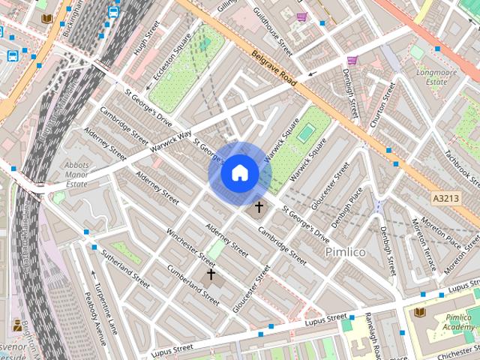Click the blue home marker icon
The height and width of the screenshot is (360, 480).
coord(239,173)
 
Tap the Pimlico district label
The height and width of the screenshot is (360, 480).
coord(346,252)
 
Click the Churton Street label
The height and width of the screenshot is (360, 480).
coord(384,105)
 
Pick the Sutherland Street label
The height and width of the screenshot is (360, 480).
coord(126,269)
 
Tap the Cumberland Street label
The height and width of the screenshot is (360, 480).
coord(193,285)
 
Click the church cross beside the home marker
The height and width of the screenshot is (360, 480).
coord(259,206)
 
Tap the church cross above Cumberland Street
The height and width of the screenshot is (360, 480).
coord(211,274)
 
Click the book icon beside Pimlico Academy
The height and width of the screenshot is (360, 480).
coord(420,311)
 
